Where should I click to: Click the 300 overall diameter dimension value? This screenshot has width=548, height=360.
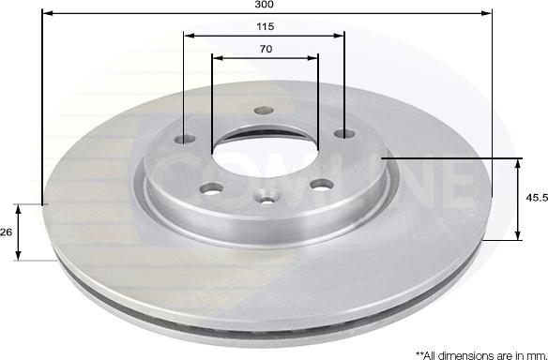coord(265,4)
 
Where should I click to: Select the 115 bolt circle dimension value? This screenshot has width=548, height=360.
coord(266,26)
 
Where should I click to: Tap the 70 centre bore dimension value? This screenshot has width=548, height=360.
coord(266,49)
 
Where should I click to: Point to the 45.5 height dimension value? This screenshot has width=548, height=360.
coord(537,198)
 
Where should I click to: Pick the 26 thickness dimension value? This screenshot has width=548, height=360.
coord(6,232)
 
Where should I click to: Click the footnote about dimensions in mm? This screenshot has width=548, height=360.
coord(481,355)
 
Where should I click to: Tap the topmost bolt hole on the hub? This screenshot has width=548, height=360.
coord(264,111)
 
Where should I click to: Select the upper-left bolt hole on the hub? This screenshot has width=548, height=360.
coord(185,139)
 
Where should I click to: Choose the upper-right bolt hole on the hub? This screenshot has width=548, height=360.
coord(344,133)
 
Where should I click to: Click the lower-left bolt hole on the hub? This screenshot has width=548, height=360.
coord(212,188)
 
